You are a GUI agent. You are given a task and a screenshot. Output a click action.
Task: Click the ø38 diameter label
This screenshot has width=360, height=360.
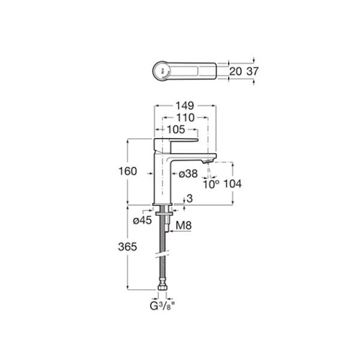point(188,173)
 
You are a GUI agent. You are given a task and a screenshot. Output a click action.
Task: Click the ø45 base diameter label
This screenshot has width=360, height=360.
point(142,221)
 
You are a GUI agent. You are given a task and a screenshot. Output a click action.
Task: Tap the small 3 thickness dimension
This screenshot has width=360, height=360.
point(190,199)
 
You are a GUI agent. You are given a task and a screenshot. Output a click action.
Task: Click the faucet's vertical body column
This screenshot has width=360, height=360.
point(163,177)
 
